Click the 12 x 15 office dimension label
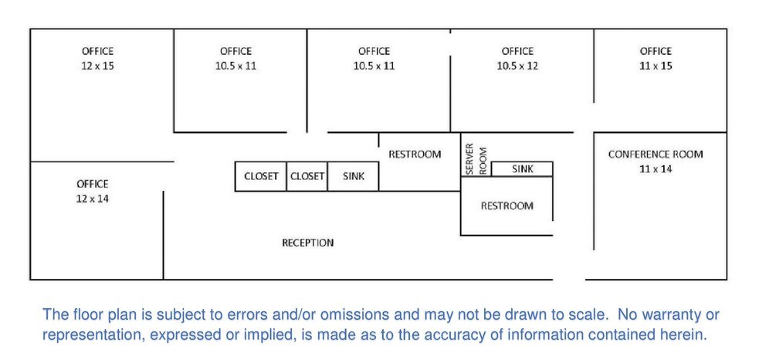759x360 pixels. [97, 66]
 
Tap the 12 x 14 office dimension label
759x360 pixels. [92, 199]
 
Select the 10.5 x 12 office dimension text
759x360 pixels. [517, 66]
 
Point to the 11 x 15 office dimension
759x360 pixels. [656, 66]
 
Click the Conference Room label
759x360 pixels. [656, 155]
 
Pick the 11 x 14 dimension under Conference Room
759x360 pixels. [656, 169]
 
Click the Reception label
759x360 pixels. [308, 243]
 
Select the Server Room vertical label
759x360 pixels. [476, 159]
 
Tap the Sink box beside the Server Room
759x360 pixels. [522, 169]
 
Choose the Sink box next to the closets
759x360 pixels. [354, 176]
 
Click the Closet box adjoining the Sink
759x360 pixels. [307, 176]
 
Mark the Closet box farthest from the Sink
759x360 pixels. [261, 176]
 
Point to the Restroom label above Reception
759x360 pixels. [415, 155]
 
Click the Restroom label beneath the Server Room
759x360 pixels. [507, 206]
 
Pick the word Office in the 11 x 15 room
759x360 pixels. [656, 51]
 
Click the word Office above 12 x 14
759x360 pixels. [92, 184]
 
